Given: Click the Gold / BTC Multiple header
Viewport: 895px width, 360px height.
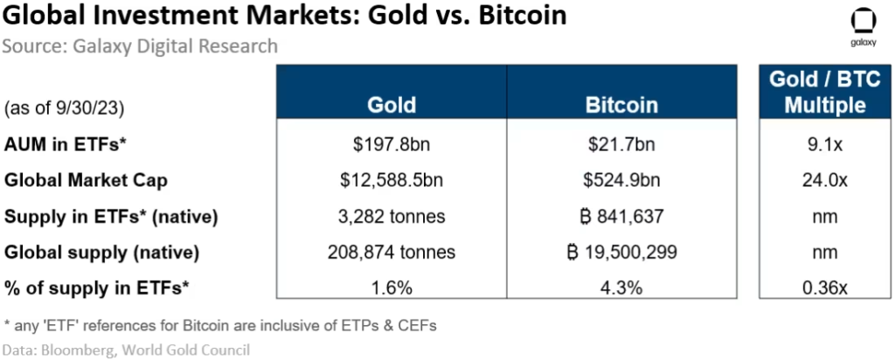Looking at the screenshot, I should (812, 93).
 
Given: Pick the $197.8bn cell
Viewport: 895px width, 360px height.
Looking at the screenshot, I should (391, 143).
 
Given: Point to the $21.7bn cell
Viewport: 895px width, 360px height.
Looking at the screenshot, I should (621, 143).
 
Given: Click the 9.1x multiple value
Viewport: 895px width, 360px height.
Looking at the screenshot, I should (812, 143).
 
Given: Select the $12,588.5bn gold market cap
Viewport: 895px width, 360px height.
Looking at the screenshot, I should (391, 180).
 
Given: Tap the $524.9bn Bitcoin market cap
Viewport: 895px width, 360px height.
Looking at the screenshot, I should (621, 180).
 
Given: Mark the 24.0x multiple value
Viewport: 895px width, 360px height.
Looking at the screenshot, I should (812, 180).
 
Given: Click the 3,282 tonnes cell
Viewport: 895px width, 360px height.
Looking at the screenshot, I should (391, 216).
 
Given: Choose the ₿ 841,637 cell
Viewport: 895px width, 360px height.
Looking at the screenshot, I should (621, 216).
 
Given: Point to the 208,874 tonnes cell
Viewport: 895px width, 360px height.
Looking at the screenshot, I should (391, 253).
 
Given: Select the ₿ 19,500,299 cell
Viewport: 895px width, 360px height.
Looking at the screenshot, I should (621, 253).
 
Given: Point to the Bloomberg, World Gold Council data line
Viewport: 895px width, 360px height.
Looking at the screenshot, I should (126, 350).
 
